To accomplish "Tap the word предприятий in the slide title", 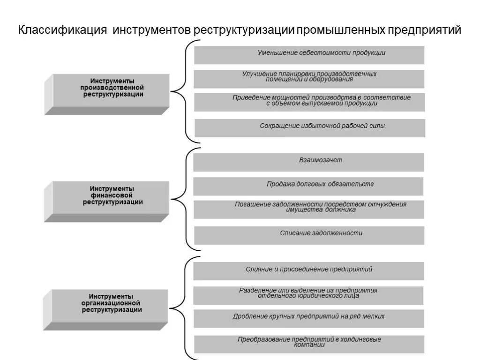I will pos(424,30).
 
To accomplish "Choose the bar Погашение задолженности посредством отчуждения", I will pos(309,209).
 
